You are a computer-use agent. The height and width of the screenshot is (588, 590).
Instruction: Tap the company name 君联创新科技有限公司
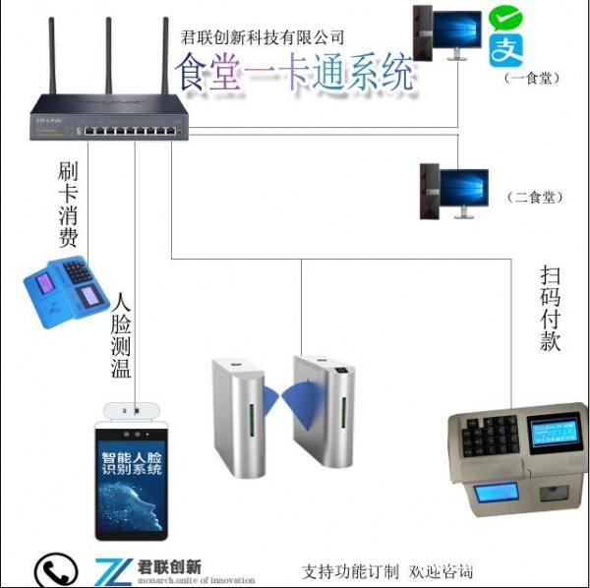(x=263, y=37)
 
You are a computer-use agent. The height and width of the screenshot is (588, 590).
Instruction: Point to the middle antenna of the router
(x=107, y=54)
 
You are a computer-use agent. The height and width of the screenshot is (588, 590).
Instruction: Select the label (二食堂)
(x=537, y=197)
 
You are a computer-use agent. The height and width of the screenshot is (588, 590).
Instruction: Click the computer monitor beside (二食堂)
(x=463, y=188)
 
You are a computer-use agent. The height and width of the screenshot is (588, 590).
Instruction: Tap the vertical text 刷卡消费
(x=68, y=205)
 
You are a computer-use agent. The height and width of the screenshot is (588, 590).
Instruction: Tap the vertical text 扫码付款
(x=551, y=308)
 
